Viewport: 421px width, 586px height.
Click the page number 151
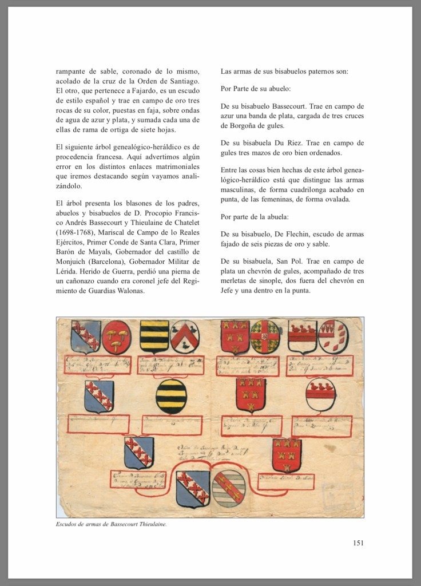click(x=358, y=543)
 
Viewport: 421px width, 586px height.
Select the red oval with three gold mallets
click(x=116, y=336)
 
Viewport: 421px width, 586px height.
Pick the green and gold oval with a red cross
click(x=265, y=336)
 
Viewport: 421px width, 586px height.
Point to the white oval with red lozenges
click(x=333, y=336)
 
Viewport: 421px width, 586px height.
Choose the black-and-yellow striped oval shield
click(x=170, y=396)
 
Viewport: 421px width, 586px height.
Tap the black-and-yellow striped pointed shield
click(x=154, y=336)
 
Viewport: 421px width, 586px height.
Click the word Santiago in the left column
click(x=182, y=81)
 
